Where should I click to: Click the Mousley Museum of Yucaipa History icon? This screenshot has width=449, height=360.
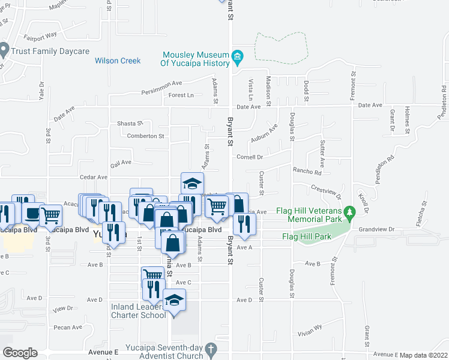pos(237,58)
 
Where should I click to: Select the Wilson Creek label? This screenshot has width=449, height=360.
pos(118,61)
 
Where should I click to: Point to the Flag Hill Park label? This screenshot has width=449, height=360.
pos(307,236)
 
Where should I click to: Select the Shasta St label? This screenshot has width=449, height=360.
pos(130,123)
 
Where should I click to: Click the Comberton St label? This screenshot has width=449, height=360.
pos(145,136)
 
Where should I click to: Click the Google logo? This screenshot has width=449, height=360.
pos(20,352)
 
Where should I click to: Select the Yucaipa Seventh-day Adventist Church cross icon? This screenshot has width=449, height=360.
pos(210,349)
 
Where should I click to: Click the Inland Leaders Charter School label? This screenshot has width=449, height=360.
pos(139,311)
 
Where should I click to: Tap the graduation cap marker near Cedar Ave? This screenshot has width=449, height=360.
pos(193,182)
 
